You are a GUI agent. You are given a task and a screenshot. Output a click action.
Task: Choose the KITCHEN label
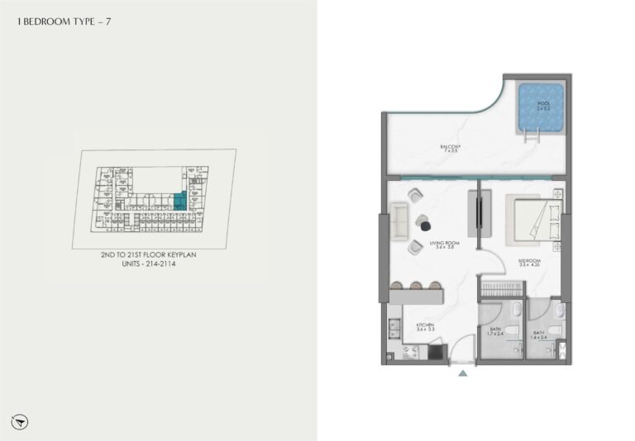pyautogui.click(x=426, y=326)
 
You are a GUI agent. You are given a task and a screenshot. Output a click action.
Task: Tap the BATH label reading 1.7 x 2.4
pyautogui.click(x=494, y=334)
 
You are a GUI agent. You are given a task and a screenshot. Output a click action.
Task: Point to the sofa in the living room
pyautogui.click(x=399, y=219)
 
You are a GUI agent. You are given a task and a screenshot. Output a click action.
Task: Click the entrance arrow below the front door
pyautogui.click(x=462, y=374)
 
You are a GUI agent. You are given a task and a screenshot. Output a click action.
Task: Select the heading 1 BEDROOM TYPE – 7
pyautogui.click(x=64, y=22)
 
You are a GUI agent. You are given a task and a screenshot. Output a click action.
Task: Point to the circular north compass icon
pyautogui.click(x=20, y=420)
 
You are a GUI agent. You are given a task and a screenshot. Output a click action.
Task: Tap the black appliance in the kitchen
pyautogui.click(x=436, y=352)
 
